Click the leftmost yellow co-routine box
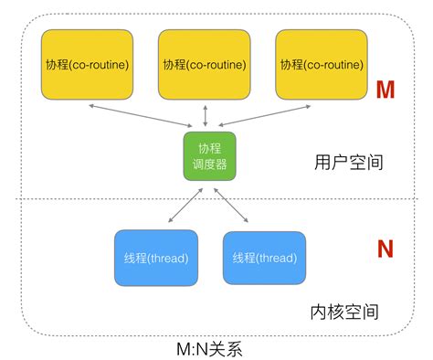(x=87, y=65)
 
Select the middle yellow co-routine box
(x=204, y=65)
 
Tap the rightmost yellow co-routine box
(x=321, y=65)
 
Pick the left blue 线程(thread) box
(x=155, y=257)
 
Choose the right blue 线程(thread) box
(x=264, y=258)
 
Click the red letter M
(x=385, y=90)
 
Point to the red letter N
(x=385, y=249)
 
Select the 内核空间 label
(x=344, y=312)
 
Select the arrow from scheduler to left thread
(x=186, y=204)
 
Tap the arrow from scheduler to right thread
(x=230, y=204)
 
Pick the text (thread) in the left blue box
(x=166, y=258)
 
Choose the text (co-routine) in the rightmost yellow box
(x=332, y=66)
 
